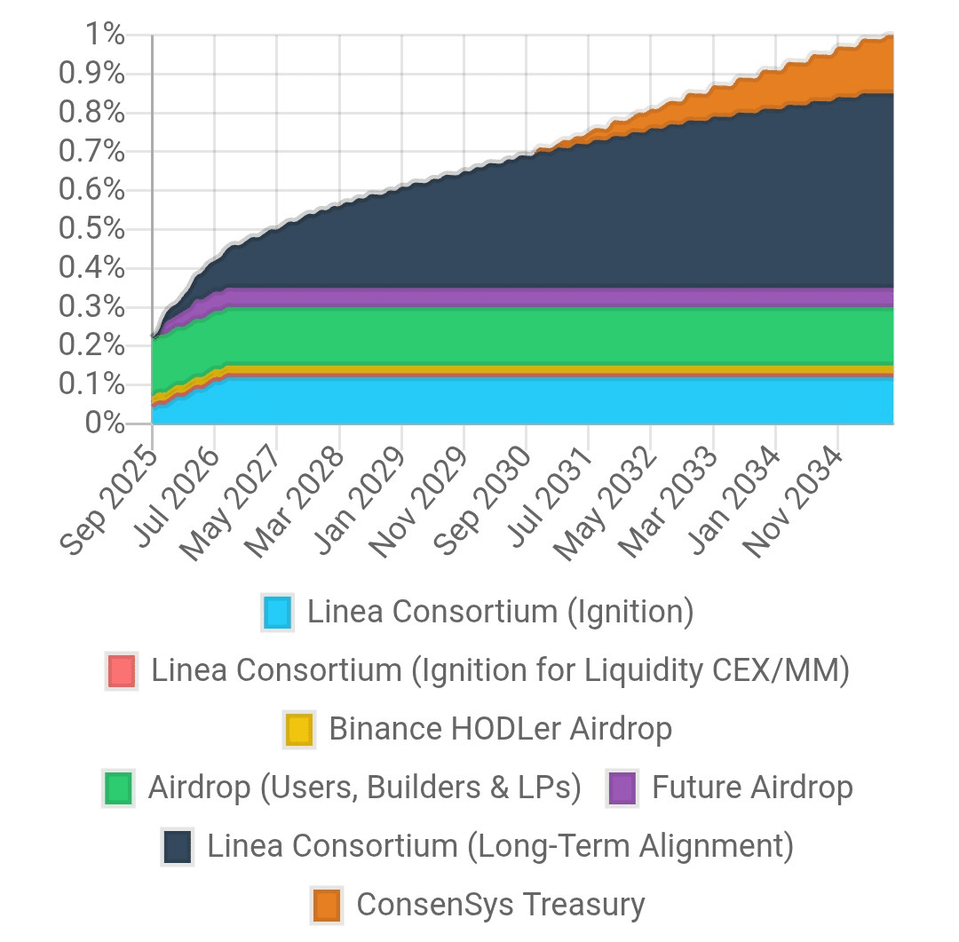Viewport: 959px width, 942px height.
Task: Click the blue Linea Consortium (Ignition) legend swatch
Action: pos(278,613)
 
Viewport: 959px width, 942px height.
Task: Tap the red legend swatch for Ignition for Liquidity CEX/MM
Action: pos(121,671)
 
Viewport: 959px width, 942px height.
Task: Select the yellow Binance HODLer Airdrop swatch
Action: pos(299,730)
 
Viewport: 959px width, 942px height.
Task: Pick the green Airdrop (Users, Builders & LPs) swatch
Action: pos(118,788)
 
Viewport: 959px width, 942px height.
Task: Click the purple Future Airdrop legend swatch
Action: pos(622,788)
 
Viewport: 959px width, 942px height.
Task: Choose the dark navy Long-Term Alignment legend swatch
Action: pos(178,847)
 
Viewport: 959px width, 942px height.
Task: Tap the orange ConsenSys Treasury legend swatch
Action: pos(327,905)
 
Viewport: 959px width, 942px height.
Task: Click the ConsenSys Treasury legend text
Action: pos(500,905)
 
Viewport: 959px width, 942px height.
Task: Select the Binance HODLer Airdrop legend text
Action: pos(500,730)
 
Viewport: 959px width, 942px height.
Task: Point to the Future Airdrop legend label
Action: pos(752,788)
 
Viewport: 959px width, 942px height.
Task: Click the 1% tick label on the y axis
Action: pos(105,36)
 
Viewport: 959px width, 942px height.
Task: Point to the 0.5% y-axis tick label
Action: pos(91,229)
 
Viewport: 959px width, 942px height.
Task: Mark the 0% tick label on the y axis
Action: pos(105,423)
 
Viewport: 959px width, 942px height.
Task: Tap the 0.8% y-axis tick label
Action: pos(91,113)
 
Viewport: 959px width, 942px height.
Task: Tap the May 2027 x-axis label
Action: pos(234,502)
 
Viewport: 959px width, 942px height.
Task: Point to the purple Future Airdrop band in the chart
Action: pos(533,297)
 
